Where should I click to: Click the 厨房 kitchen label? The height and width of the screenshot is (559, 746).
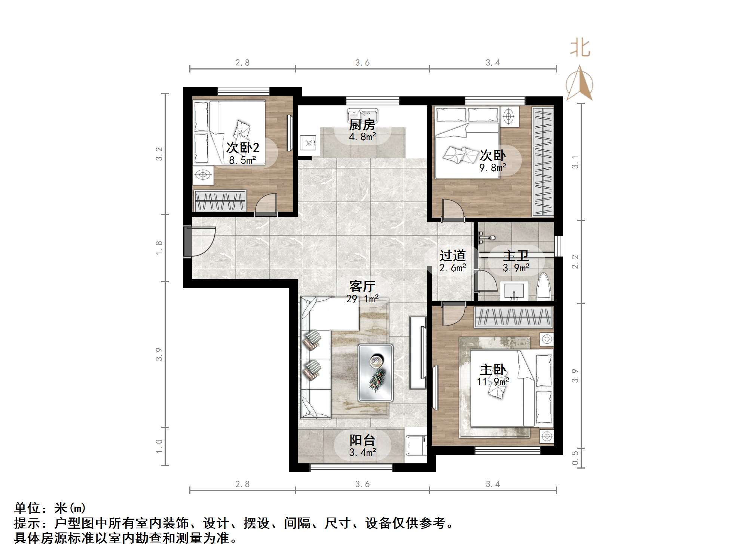tap(362, 124)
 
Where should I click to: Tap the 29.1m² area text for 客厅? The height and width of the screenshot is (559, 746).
tap(362, 299)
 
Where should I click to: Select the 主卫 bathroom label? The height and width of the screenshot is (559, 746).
tap(516, 256)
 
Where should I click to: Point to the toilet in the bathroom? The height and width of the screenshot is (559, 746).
tap(544, 287)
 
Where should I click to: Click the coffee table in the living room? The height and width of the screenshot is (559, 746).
tap(375, 373)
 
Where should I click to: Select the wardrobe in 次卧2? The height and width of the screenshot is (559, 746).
tap(220, 201)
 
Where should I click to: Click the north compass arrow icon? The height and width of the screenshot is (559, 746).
tap(579, 83)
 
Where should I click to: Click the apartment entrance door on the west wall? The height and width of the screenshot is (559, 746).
tap(188, 241)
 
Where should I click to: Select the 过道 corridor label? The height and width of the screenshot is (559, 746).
tap(452, 256)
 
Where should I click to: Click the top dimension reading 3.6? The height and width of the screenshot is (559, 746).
tap(362, 63)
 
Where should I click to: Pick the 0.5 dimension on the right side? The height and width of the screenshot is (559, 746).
tap(575, 457)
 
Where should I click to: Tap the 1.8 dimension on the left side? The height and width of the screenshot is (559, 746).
tap(159, 248)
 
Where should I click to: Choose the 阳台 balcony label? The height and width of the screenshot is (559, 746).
tap(362, 440)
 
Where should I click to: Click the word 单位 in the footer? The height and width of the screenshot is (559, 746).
tap(27, 509)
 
